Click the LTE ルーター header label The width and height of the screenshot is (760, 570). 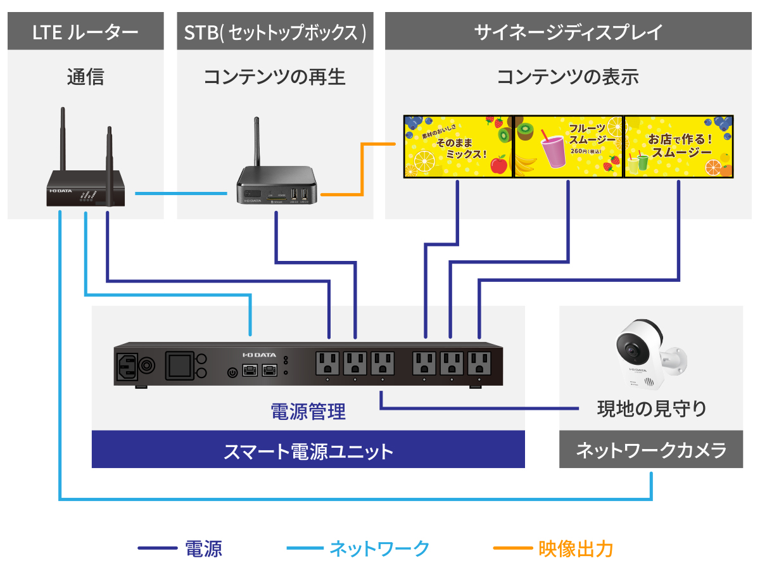tap(85, 32)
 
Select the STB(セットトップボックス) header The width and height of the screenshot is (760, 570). tap(275, 32)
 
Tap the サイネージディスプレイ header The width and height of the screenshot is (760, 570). tap(568, 32)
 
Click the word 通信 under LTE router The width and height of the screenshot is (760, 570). tap(85, 77)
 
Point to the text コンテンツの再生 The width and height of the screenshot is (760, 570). tap(275, 77)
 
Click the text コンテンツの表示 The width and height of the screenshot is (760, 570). tap(568, 77)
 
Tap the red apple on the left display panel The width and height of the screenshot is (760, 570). tap(499, 165)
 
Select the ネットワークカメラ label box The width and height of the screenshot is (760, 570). tap(651, 451)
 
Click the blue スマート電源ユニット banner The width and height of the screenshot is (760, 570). tap(308, 451)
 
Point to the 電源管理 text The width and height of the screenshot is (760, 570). tap(308, 413)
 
